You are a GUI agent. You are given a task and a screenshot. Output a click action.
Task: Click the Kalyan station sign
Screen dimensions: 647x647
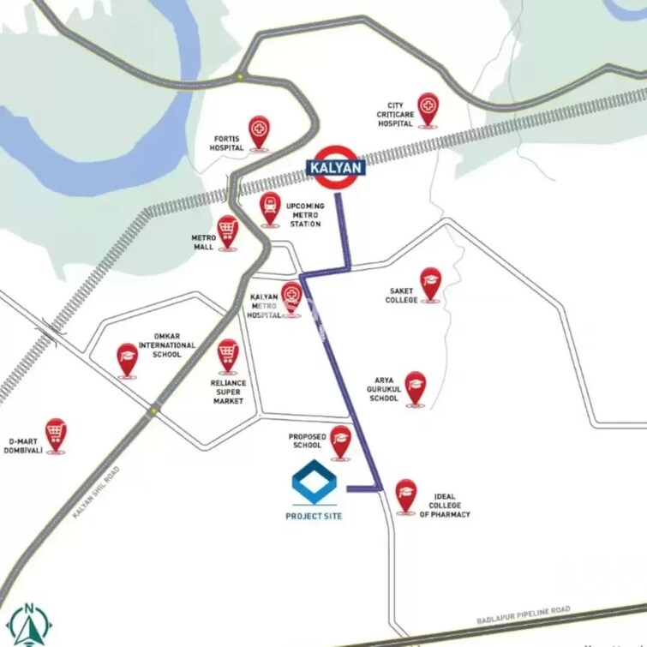click(x=337, y=167)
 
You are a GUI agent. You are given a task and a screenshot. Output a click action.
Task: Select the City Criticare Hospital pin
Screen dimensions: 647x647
click(x=428, y=109)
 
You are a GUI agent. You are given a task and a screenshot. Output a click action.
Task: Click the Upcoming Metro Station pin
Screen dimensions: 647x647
click(x=271, y=207)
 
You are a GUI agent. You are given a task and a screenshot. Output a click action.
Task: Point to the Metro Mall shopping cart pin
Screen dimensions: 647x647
click(x=227, y=231)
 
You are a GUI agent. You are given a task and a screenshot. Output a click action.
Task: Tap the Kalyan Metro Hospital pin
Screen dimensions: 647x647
click(x=291, y=297)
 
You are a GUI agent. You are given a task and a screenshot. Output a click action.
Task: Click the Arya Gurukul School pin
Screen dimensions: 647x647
click(x=416, y=387)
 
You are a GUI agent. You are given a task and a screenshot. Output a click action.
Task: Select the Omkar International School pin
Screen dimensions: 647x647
click(x=128, y=358)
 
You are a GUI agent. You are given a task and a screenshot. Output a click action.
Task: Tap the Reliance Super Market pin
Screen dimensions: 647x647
click(x=227, y=354)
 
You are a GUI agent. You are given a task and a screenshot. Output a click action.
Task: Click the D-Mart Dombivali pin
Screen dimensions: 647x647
click(x=57, y=434)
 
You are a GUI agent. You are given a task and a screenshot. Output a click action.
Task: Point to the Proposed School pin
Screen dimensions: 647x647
click(x=341, y=440)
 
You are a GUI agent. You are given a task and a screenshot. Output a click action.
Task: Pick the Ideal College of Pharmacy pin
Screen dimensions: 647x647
click(x=405, y=494)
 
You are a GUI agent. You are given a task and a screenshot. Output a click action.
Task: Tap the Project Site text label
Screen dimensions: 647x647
click(x=314, y=516)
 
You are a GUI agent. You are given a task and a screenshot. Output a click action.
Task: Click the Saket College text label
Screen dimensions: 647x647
click(x=401, y=296)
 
